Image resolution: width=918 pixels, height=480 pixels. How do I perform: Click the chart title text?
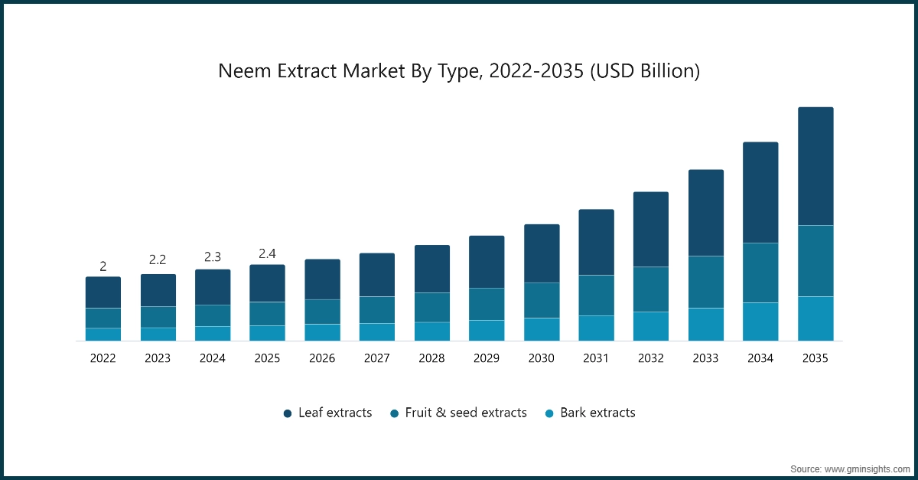[x=459, y=71]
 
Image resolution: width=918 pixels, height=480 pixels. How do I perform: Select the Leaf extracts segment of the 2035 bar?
[x=815, y=166]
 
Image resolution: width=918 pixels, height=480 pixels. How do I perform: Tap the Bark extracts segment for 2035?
[x=815, y=318]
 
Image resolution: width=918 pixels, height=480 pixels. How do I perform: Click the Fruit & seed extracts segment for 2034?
[x=760, y=273]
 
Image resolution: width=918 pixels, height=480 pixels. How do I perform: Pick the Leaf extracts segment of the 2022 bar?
[x=103, y=292]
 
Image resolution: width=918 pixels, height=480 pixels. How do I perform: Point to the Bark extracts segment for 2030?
[x=542, y=329]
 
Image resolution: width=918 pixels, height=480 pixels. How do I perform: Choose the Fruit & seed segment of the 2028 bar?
[x=432, y=307]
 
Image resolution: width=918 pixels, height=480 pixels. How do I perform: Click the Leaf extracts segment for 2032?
[x=651, y=229]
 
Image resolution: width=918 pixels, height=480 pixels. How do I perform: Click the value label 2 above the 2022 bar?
[x=103, y=266]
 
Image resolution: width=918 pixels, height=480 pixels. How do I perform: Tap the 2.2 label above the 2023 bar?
[x=158, y=260]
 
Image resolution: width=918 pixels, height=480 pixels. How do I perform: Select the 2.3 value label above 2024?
[x=213, y=257]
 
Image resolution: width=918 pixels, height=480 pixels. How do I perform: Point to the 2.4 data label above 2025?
[x=267, y=253]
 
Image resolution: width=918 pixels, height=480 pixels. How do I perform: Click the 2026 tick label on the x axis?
[x=322, y=358]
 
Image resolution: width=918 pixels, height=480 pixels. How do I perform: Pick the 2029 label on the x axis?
[x=487, y=358]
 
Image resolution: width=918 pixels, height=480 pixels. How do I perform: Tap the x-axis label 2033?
[x=705, y=358]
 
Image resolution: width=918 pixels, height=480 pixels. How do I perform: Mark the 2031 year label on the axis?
[x=596, y=358]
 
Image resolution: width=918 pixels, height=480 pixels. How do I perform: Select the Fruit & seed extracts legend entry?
[x=458, y=413]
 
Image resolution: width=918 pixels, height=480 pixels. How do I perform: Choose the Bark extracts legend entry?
[x=590, y=413]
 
